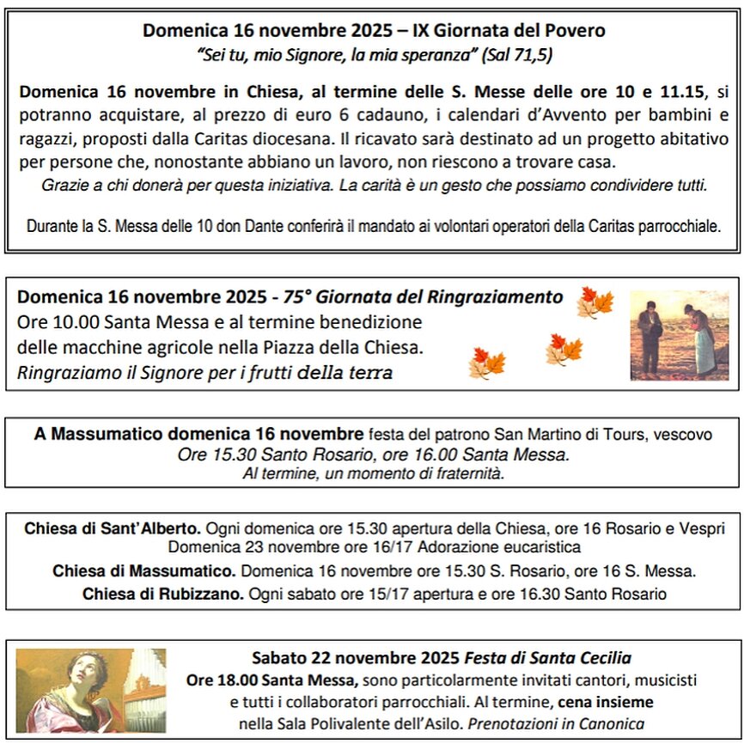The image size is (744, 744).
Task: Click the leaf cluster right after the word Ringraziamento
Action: coord(595,302)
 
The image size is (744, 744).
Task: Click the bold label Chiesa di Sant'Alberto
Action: coord(113,528)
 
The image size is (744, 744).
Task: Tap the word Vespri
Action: coord(702,528)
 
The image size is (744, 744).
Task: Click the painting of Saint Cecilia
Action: coord(90,690)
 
